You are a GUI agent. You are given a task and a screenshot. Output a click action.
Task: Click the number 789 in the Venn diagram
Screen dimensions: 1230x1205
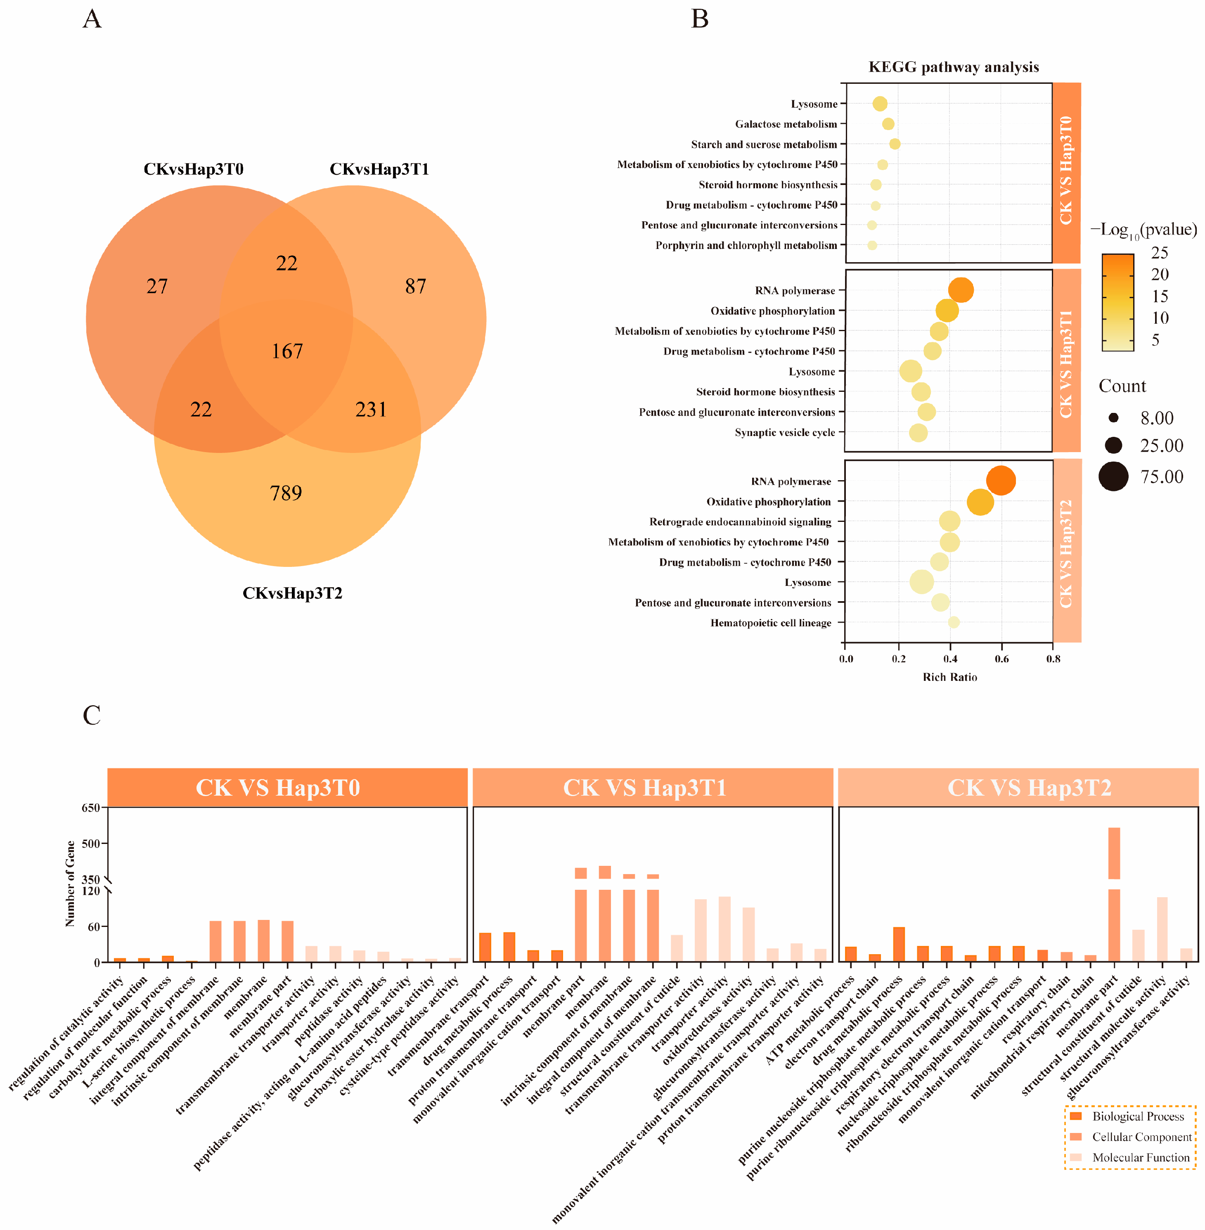click(x=286, y=493)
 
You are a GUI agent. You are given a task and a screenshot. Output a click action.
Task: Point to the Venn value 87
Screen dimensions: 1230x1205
click(x=415, y=286)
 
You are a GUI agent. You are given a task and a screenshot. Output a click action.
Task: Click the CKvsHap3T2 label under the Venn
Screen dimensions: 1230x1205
click(x=292, y=593)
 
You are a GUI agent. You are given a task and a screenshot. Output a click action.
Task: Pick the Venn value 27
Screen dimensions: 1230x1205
click(x=157, y=286)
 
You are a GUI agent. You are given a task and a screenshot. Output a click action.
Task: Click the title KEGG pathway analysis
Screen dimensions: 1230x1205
click(x=953, y=67)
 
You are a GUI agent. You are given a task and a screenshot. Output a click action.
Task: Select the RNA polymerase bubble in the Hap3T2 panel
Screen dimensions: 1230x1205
click(x=1001, y=481)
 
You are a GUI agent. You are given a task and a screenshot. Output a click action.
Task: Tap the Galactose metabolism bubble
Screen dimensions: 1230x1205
click(x=888, y=124)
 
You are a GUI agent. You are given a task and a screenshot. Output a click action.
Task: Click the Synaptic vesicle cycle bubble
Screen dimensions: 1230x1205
click(x=919, y=433)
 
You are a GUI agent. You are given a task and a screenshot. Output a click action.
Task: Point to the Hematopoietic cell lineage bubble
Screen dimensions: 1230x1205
click(x=954, y=622)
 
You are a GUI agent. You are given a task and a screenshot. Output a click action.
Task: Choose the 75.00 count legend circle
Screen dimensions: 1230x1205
click(x=1113, y=476)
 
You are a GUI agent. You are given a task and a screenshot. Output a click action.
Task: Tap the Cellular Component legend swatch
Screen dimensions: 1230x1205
click(x=1076, y=1137)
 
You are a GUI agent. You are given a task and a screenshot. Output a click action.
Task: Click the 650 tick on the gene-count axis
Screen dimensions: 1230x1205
click(x=90, y=808)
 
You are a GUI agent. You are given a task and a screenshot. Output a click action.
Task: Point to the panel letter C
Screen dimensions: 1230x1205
click(x=92, y=716)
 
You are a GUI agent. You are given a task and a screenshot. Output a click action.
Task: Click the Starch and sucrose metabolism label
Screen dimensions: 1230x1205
click(x=764, y=145)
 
